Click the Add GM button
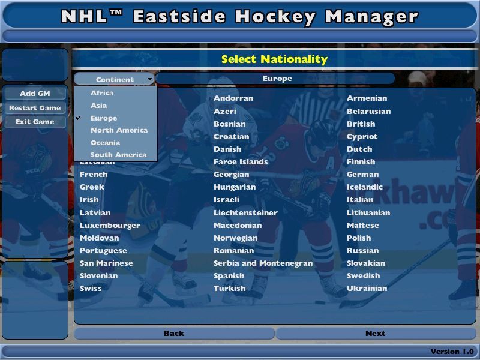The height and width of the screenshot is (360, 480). (35, 94)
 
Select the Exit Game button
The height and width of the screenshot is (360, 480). (35, 122)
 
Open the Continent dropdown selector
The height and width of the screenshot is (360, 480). (115, 79)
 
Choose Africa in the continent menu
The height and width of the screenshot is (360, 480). (102, 93)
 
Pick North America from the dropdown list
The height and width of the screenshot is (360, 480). (119, 130)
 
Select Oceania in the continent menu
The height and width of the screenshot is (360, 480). (105, 143)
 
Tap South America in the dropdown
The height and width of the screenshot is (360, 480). (118, 155)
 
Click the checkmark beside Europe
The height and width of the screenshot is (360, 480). (79, 118)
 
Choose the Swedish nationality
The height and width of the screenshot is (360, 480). (363, 276)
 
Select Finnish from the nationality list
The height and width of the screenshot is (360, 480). (361, 162)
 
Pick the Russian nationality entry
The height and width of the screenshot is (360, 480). (362, 251)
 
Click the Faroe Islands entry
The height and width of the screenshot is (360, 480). (241, 162)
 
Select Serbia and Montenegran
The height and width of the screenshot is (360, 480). (263, 263)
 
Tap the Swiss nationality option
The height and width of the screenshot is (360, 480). (91, 289)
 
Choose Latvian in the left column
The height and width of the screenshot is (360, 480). (95, 213)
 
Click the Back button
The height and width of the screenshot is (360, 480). (174, 334)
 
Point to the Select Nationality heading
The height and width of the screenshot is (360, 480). (274, 59)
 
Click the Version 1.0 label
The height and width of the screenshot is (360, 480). (452, 352)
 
